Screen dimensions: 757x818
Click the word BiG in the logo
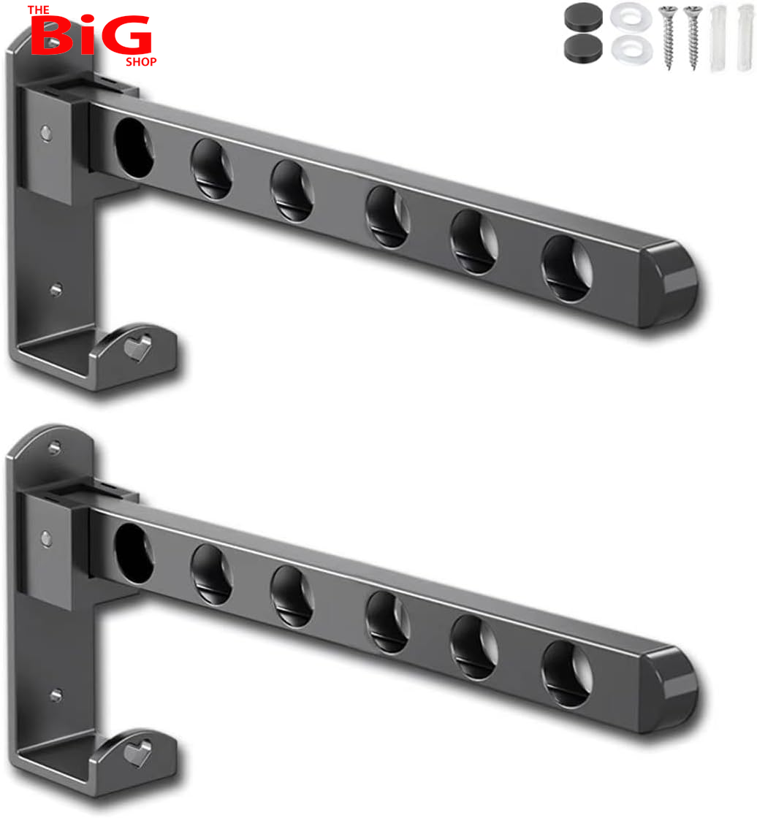tap(91, 34)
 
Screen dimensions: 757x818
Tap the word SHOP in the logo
tap(141, 61)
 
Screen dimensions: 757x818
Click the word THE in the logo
tap(39, 10)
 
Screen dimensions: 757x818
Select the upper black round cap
tap(583, 17)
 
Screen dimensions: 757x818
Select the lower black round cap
tap(583, 48)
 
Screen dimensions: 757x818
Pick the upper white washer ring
tap(631, 16)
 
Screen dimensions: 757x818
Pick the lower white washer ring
tap(631, 50)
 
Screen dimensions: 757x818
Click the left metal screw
tap(669, 37)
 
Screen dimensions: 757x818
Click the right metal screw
tap(693, 37)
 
